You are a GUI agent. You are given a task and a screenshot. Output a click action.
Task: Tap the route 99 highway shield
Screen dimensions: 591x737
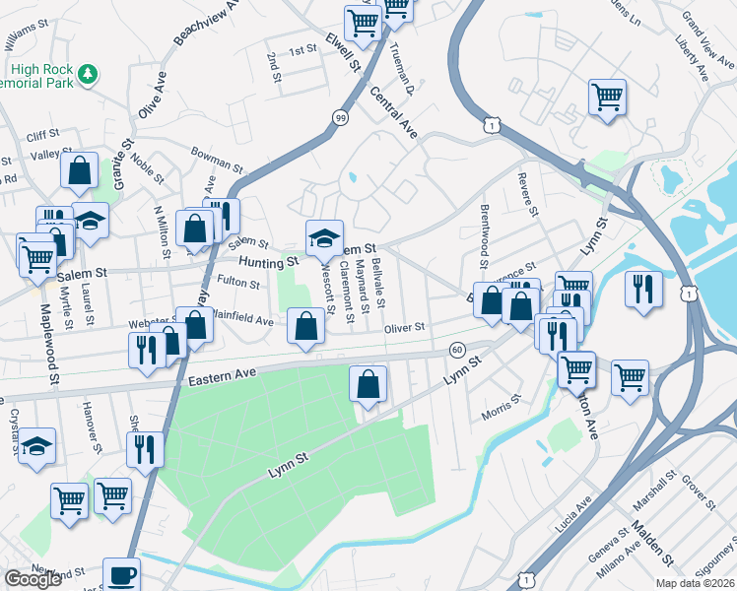340,117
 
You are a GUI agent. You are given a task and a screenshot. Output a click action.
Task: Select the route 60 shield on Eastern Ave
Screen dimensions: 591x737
457,350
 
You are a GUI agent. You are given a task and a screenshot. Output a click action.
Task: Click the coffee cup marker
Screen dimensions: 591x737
121,574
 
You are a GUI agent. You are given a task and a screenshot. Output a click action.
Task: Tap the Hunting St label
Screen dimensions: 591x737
268,263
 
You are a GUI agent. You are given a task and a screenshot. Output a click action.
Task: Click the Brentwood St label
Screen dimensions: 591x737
484,235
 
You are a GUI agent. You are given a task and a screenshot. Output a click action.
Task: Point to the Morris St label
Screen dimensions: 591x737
502,406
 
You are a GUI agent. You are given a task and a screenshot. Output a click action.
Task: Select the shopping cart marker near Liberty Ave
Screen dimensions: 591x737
607,98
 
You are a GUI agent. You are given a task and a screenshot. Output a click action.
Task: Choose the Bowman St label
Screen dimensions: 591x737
217,160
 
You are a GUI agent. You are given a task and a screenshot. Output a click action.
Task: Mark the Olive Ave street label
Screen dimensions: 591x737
152,95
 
